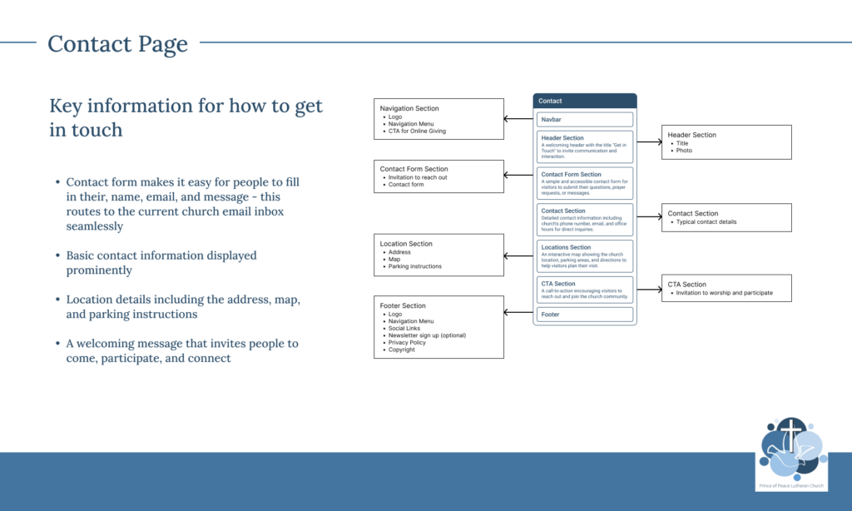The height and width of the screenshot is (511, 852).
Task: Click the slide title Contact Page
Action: [x=117, y=43]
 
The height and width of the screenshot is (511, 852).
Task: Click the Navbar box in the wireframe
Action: [x=584, y=119]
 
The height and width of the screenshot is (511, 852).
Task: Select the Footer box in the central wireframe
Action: [x=584, y=315]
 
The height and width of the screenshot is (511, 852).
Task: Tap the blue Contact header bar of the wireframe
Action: [x=584, y=101]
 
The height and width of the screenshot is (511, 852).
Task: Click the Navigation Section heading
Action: [x=409, y=108]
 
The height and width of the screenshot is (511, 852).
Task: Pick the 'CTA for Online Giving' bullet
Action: [x=417, y=131]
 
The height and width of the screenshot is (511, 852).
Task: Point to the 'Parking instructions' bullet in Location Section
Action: [x=414, y=266]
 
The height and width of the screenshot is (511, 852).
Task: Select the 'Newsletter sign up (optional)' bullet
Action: [x=427, y=335]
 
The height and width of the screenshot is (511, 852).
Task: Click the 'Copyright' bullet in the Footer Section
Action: [x=401, y=350]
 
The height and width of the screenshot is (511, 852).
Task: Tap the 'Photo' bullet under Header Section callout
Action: [x=683, y=151]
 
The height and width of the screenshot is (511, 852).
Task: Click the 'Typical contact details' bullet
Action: [x=706, y=222]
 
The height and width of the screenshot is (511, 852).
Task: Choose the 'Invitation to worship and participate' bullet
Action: [x=724, y=293]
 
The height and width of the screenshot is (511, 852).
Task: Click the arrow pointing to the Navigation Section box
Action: [x=518, y=119]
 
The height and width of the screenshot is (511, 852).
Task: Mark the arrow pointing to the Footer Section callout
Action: [x=518, y=313]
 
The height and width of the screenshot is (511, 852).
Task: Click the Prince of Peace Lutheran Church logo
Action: [x=791, y=454]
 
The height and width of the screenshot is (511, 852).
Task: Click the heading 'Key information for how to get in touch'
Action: [x=186, y=117]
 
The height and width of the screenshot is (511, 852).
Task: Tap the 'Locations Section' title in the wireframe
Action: [x=566, y=247]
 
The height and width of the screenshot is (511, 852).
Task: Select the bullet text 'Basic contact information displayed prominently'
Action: [x=161, y=263]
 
